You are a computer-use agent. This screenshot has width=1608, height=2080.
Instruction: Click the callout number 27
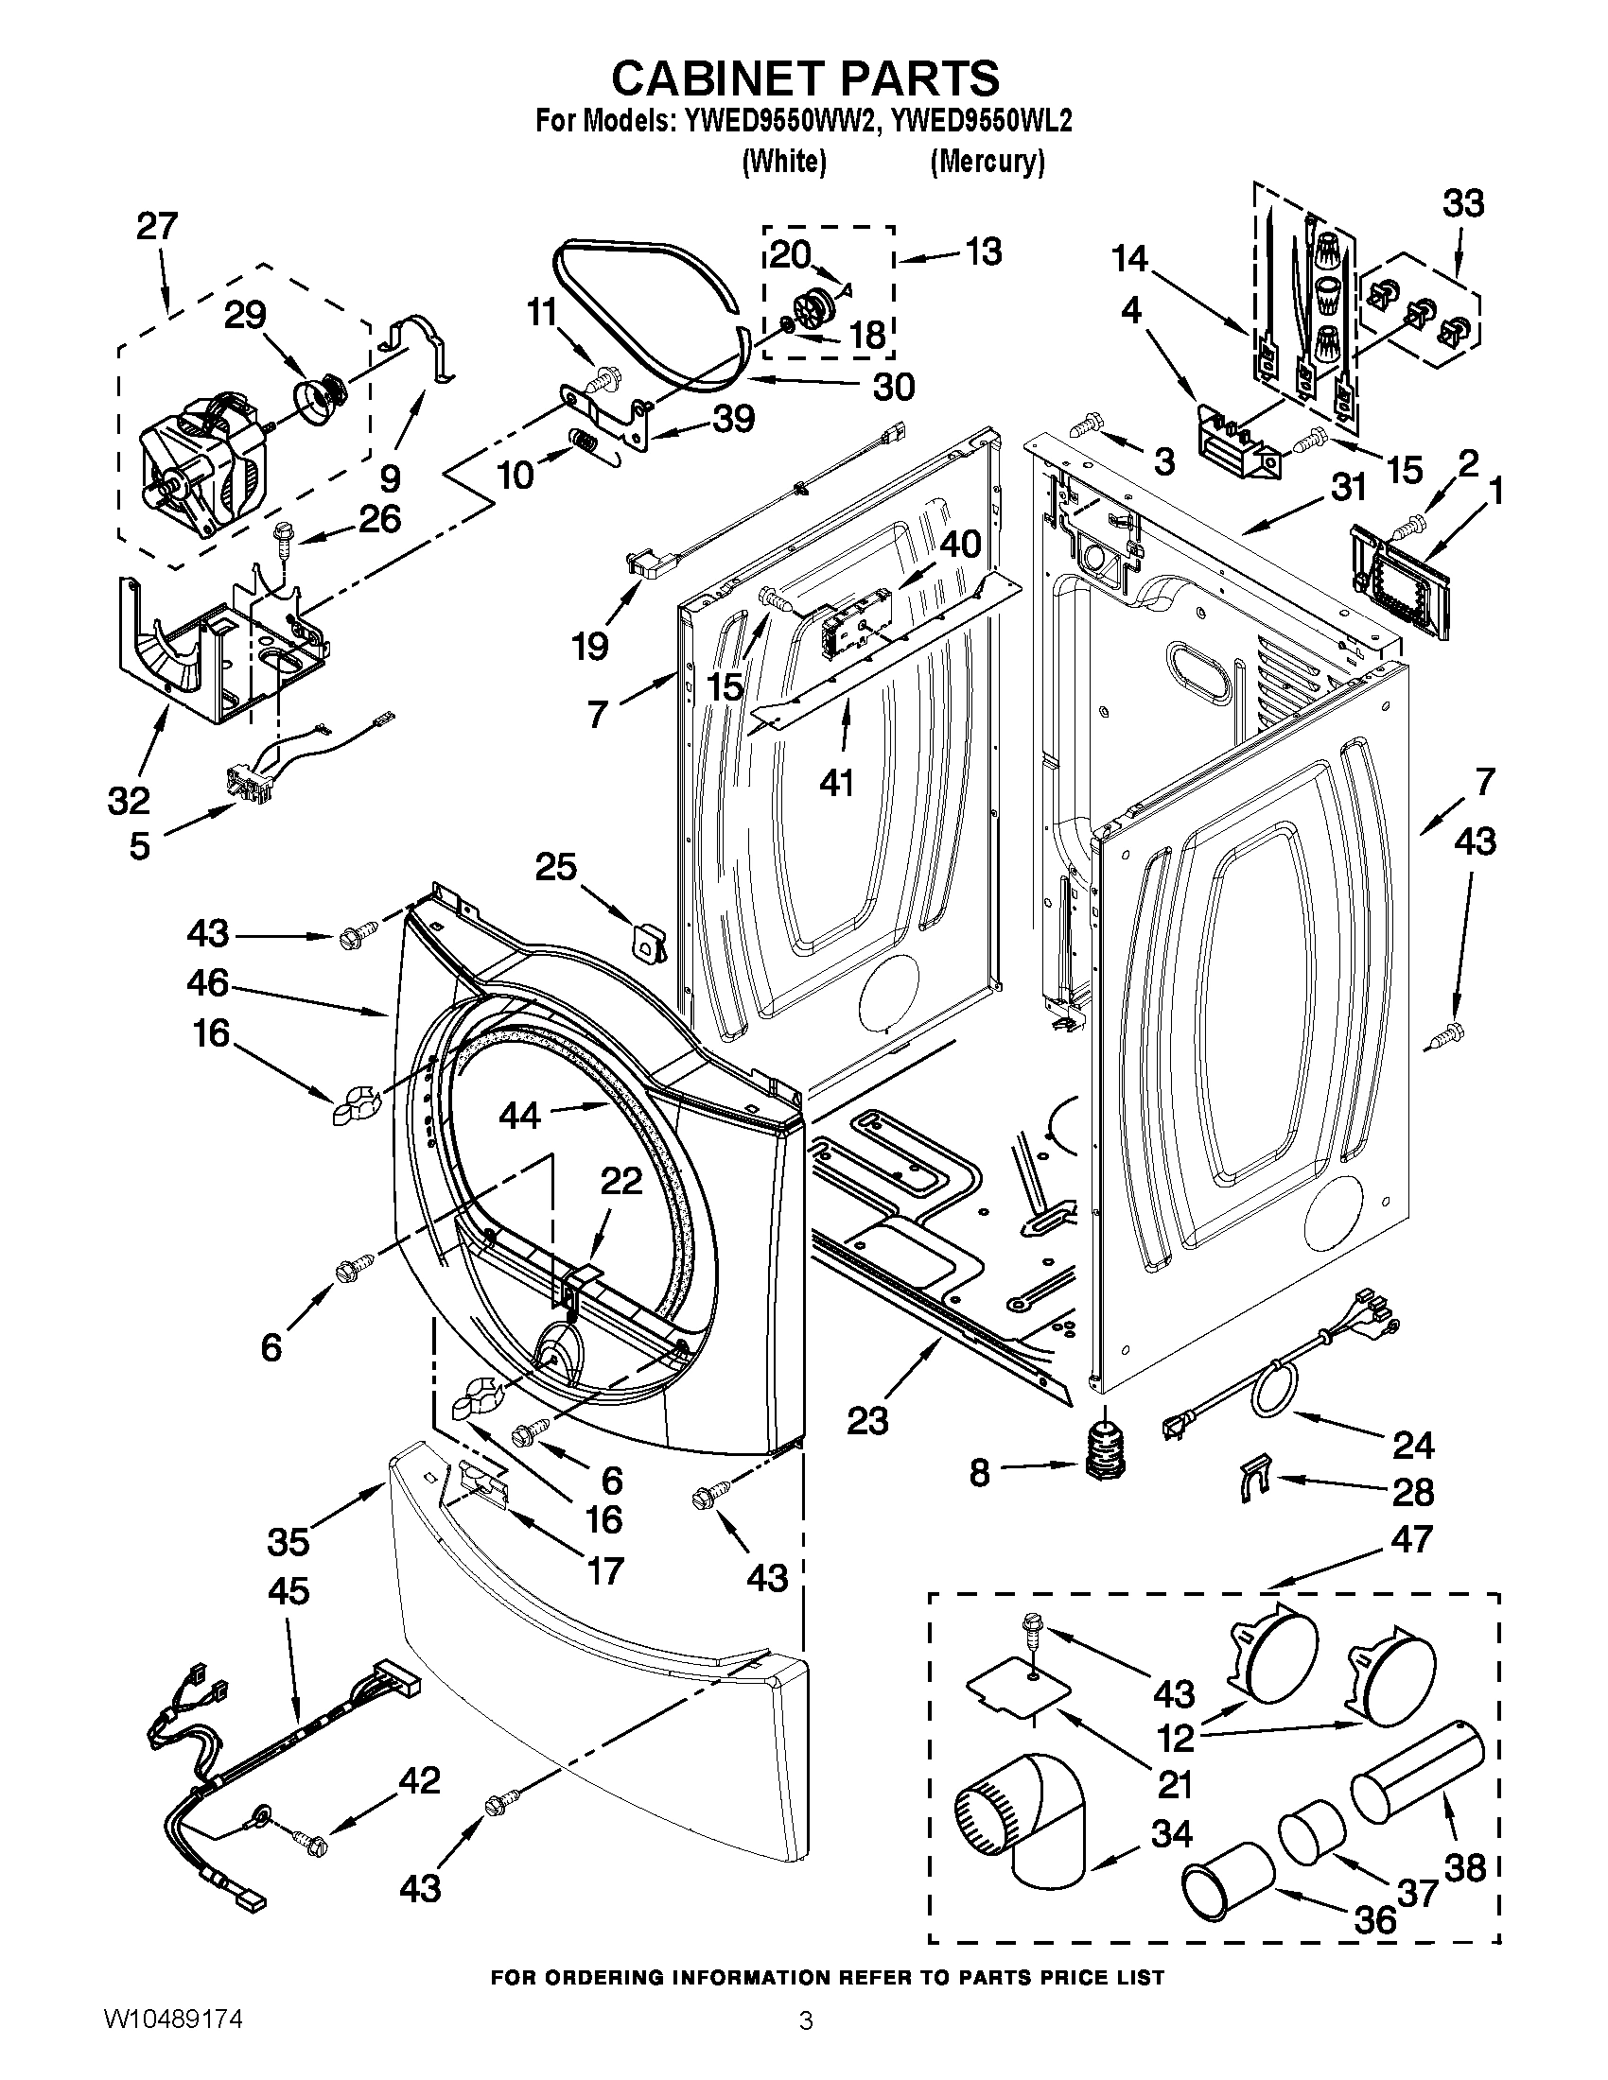(x=157, y=227)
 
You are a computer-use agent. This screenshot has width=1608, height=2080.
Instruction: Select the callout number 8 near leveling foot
(x=979, y=1472)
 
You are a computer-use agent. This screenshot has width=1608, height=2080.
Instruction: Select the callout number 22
(x=621, y=1181)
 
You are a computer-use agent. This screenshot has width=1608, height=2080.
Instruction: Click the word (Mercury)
(x=987, y=162)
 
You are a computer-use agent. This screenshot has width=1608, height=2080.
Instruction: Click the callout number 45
(x=288, y=1590)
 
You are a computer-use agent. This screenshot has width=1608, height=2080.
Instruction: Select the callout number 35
(x=288, y=1541)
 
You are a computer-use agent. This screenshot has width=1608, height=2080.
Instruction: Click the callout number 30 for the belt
(x=893, y=386)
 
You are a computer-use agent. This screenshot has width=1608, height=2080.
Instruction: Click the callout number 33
(x=1462, y=204)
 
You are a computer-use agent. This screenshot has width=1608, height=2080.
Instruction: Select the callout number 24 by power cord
(x=1413, y=1446)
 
